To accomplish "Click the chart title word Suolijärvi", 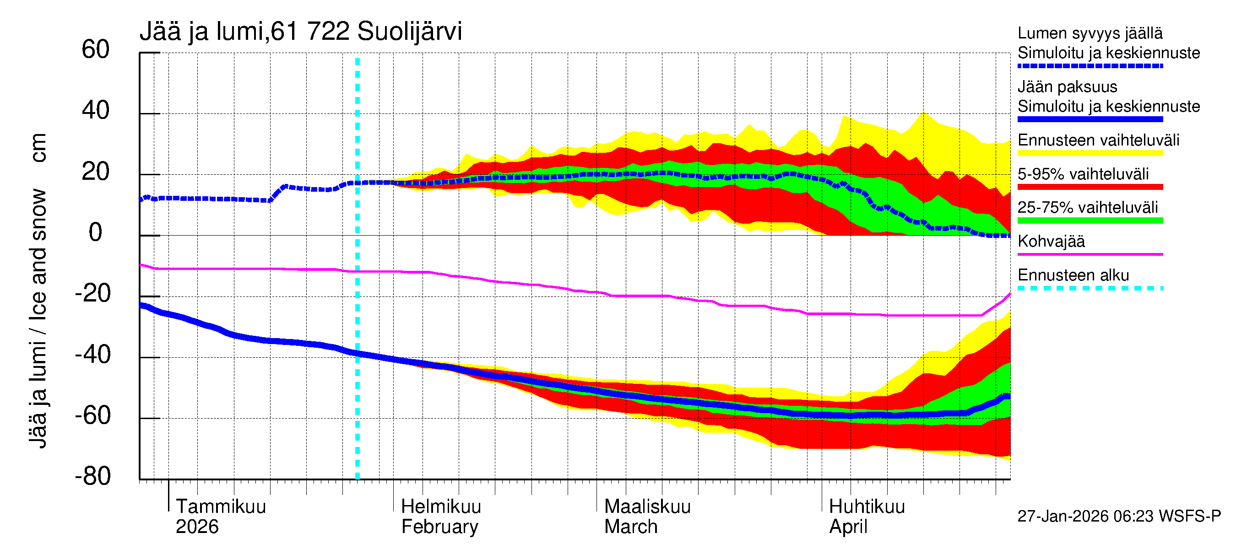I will (x=409, y=32).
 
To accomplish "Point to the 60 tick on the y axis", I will (x=96, y=49).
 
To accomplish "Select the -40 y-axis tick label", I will (x=92, y=355).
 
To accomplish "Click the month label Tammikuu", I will (x=221, y=506).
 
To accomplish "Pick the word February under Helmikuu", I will (x=439, y=527).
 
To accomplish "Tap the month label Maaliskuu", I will (x=647, y=506).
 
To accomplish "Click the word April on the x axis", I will (x=848, y=527).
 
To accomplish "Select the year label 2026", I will (x=197, y=527).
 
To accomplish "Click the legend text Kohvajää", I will (x=1051, y=241).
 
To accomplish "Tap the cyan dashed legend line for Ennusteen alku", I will (x=1090, y=288).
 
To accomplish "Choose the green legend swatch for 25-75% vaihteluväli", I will (x=1090, y=221).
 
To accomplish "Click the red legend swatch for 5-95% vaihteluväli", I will (x=1090, y=187).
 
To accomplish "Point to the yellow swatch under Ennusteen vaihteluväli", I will (x=1090, y=153).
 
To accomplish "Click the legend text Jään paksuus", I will (x=1067, y=87).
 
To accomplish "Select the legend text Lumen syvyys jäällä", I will (x=1090, y=33).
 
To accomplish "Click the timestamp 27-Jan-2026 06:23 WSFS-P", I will (x=1119, y=517).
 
